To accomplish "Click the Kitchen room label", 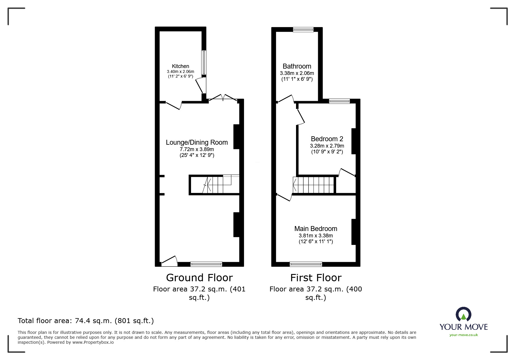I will (180, 66).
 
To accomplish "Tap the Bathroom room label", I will (297, 66).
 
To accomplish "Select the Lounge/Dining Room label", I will (197, 142).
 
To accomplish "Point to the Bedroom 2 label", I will (327, 139).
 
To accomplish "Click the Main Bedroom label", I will (316, 229).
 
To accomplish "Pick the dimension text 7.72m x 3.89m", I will (197, 149).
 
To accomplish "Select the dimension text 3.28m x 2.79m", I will (327, 146).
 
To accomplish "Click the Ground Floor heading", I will (199, 278).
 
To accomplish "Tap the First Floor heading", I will (316, 278).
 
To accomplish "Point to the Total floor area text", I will (85, 321).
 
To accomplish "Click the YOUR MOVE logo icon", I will (463, 314).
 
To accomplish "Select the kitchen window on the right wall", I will (204, 62).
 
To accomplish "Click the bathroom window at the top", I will (303, 29).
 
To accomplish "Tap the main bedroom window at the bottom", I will (306, 264).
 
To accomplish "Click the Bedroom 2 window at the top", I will (339, 101).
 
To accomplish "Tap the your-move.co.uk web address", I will (464, 335).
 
